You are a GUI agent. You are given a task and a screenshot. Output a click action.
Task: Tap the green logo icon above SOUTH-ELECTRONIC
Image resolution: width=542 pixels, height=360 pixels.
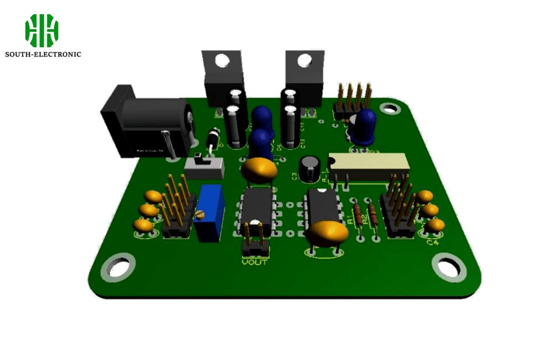pos(42,31)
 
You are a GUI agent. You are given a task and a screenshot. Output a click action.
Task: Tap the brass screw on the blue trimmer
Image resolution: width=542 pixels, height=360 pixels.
pos(200,214)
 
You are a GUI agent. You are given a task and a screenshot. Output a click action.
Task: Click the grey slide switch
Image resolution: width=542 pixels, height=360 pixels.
pos(204,167)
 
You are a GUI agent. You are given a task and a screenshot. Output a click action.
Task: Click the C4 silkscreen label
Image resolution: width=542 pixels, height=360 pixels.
pos(432,242)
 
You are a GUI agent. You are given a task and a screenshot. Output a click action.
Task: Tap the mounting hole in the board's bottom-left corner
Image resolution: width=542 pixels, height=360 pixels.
pos(118,267)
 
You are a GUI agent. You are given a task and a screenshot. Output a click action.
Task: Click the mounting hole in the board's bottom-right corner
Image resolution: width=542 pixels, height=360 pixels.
pos(449,266)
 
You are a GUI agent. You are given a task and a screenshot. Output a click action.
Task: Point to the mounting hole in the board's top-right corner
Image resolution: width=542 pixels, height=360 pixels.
pos(390,109)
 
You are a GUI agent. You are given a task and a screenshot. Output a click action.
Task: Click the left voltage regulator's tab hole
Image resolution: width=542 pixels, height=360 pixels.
pos(222,60)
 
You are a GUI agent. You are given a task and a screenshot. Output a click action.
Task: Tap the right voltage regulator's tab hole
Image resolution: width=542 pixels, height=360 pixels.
pos(304,60)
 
